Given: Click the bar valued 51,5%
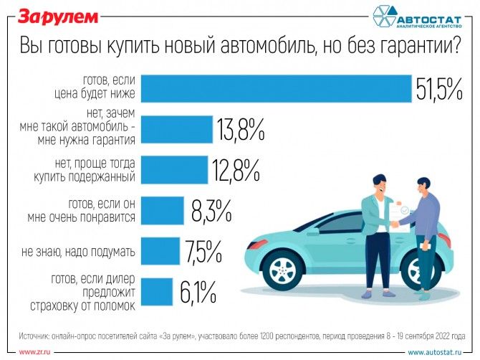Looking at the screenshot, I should pyautogui.click(x=276, y=89).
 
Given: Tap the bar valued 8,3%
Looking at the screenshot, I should pyautogui.click(x=162, y=211).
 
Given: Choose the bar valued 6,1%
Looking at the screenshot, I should pyautogui.click(x=157, y=292).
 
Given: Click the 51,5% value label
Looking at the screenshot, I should pyautogui.click(x=439, y=90).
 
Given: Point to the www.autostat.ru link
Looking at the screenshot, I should pyautogui.click(x=438, y=352).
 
